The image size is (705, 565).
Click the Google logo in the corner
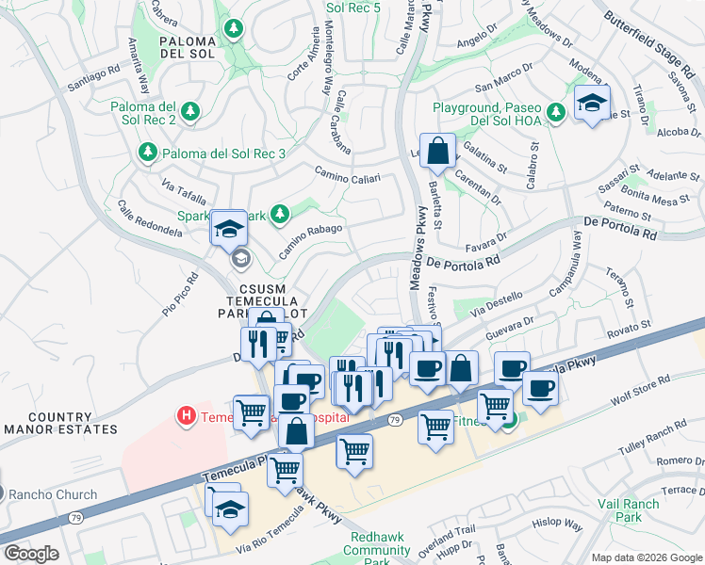pos(31,553)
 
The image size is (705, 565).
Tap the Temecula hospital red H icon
pos(186,414)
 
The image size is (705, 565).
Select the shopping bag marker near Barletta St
pos(438,151)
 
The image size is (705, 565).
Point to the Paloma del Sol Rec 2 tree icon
pos(190,112)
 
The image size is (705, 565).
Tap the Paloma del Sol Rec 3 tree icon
pos(147,152)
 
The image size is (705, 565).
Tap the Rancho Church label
pos(55,494)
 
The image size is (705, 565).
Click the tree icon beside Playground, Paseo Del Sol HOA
pos(556,112)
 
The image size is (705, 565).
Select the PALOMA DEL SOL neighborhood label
pos(189,47)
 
